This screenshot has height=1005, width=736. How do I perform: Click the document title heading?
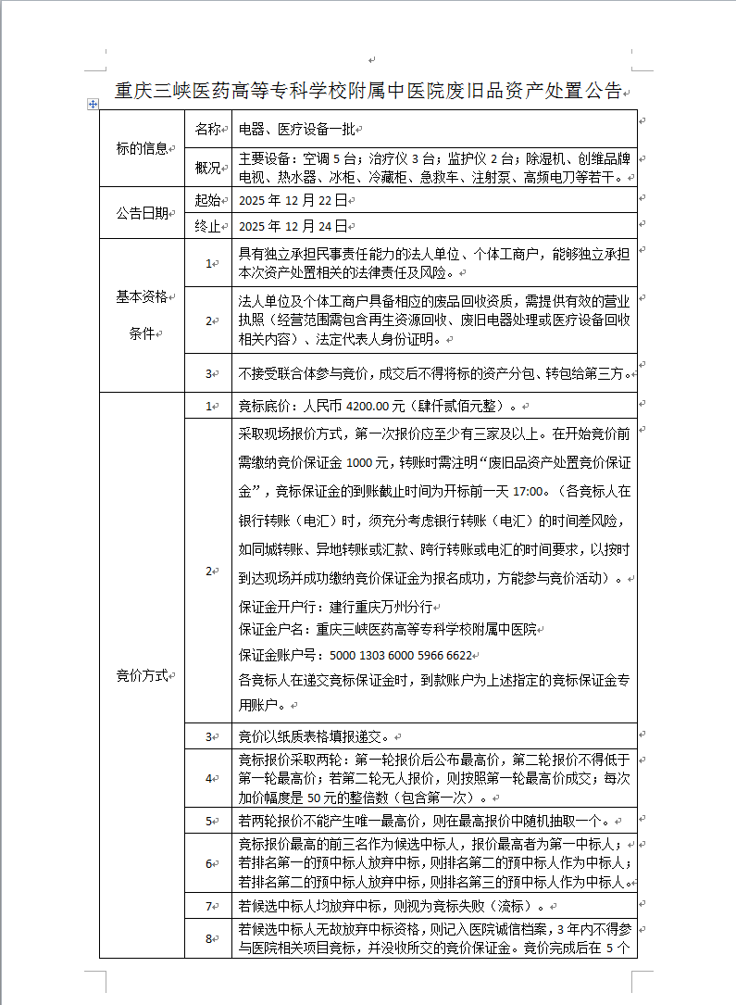click(368, 91)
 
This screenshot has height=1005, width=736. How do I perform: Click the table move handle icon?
click(93, 105)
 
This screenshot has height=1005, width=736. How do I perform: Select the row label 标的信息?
click(142, 148)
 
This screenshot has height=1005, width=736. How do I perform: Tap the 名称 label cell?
click(207, 130)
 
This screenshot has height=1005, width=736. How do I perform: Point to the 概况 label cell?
click(207, 168)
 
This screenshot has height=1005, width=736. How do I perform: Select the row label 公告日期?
click(142, 212)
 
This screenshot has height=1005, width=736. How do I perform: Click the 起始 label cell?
click(207, 199)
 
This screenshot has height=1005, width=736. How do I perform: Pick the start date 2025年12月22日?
click(292, 199)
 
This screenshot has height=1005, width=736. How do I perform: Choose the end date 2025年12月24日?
click(292, 225)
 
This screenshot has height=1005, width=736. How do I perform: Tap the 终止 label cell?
click(207, 225)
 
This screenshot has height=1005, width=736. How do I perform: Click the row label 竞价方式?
click(142, 675)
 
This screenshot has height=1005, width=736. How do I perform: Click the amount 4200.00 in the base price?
click(367, 406)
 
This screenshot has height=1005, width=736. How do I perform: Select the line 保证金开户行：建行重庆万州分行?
click(335, 608)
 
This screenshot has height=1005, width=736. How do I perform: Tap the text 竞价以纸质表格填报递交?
click(314, 736)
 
